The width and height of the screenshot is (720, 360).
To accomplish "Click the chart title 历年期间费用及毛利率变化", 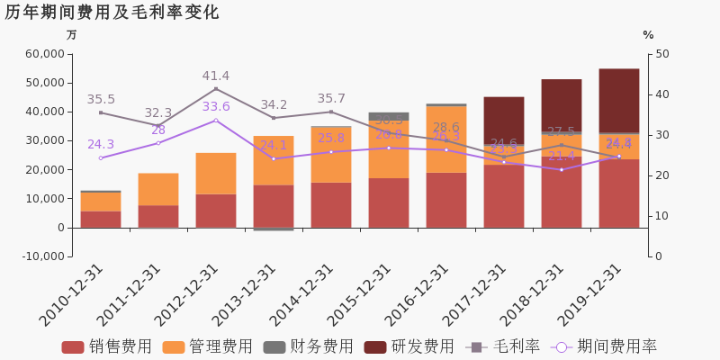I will click(x=112, y=13).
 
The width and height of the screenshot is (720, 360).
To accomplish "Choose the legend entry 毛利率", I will click(x=505, y=347).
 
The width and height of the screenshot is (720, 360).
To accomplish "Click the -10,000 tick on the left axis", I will click(x=40, y=256).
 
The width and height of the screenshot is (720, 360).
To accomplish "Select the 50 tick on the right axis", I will click(x=661, y=54).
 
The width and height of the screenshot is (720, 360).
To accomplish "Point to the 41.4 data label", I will click(x=216, y=76).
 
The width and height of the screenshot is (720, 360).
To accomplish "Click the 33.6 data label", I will click(x=216, y=107).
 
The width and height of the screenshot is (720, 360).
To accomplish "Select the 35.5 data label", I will click(x=101, y=100).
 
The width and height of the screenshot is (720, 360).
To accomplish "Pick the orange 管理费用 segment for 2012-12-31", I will click(x=216, y=173).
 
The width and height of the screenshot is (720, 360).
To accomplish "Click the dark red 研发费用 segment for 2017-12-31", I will click(x=504, y=121).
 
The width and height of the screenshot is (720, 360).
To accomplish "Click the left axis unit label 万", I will click(x=72, y=35).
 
